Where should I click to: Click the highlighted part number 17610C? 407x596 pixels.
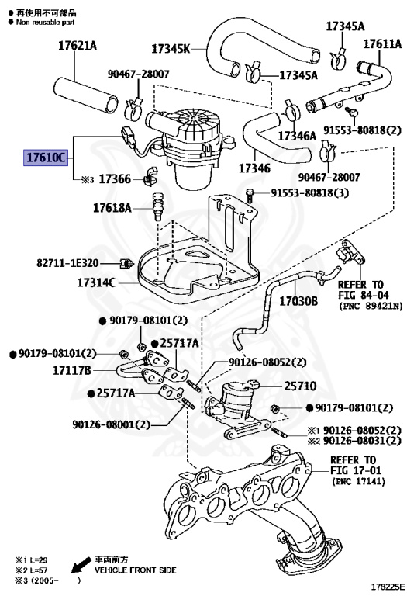coord(46,157)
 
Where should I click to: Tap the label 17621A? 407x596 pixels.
coord(78,46)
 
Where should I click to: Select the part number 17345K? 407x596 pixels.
coord(171,49)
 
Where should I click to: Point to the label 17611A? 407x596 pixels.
coord(382,43)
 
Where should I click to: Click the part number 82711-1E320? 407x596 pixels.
coord(67,262)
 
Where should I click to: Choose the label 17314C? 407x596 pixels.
coord(96,282)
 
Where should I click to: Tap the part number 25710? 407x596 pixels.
coord(300,386)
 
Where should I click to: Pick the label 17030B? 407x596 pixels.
coord(298,301)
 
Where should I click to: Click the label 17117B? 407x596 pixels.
coord(72,370)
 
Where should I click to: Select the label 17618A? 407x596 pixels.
coord(112,207)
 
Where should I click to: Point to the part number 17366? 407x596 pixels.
coord(115,178)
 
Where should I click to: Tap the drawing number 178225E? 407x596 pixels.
coord(387,588)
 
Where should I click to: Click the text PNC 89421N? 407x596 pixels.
coord(371,306)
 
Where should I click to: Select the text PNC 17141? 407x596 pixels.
coord(358,481)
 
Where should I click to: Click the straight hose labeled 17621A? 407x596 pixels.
coord(86,95)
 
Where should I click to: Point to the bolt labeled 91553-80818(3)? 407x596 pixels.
coord(250,196)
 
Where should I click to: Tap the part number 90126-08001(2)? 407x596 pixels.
coord(111,424)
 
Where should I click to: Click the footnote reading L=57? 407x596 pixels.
coord(31,570)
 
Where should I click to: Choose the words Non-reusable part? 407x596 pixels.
coord(45,23)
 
